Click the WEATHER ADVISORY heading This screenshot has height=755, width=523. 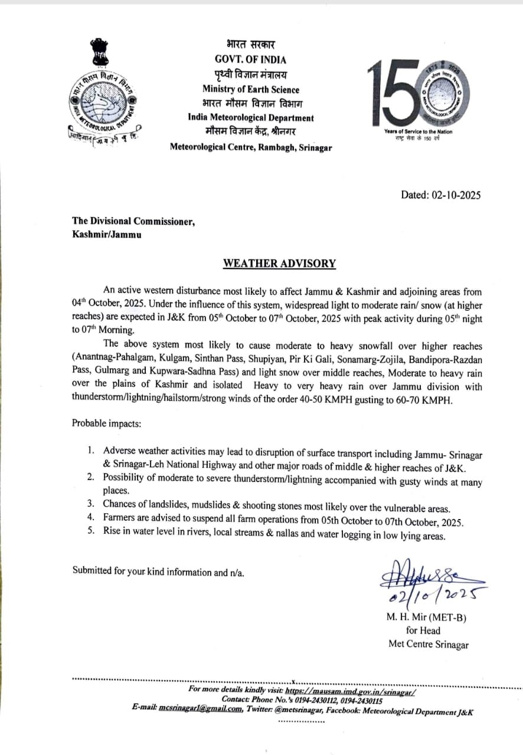(279, 264)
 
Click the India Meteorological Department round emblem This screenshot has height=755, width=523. (102, 106)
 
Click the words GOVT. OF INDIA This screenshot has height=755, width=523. (250, 59)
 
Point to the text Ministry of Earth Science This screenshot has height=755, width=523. (250, 90)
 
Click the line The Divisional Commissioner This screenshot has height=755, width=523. (133, 221)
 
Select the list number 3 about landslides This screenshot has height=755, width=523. (91, 504)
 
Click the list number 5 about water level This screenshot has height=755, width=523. (91, 536)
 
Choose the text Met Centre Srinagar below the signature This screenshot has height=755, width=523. (428, 644)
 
